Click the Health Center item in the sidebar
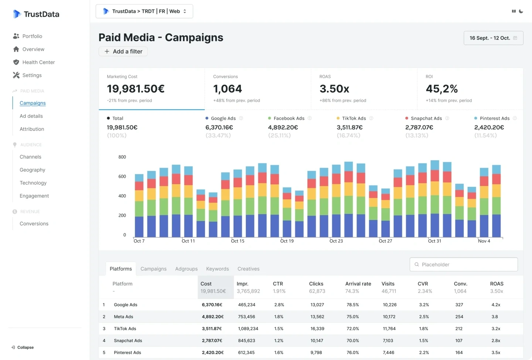coord(38,62)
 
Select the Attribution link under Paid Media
coord(32,129)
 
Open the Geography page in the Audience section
coord(33,170)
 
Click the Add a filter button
coord(123,51)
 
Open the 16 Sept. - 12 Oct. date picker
coord(493,38)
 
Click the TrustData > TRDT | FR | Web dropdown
coord(144,11)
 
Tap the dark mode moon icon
coord(521,11)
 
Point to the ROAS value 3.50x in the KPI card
coord(334,89)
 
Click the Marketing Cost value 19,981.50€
coord(136,89)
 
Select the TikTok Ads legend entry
coord(354,119)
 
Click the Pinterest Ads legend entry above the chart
coord(494,119)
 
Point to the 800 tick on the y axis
coord(122,157)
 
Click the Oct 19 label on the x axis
coord(287,241)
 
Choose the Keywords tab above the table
coord(217,269)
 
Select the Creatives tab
coord(248,269)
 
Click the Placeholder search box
coord(464,264)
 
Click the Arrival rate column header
coord(358,284)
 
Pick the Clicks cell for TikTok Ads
coord(317,329)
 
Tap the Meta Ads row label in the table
coord(123,317)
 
